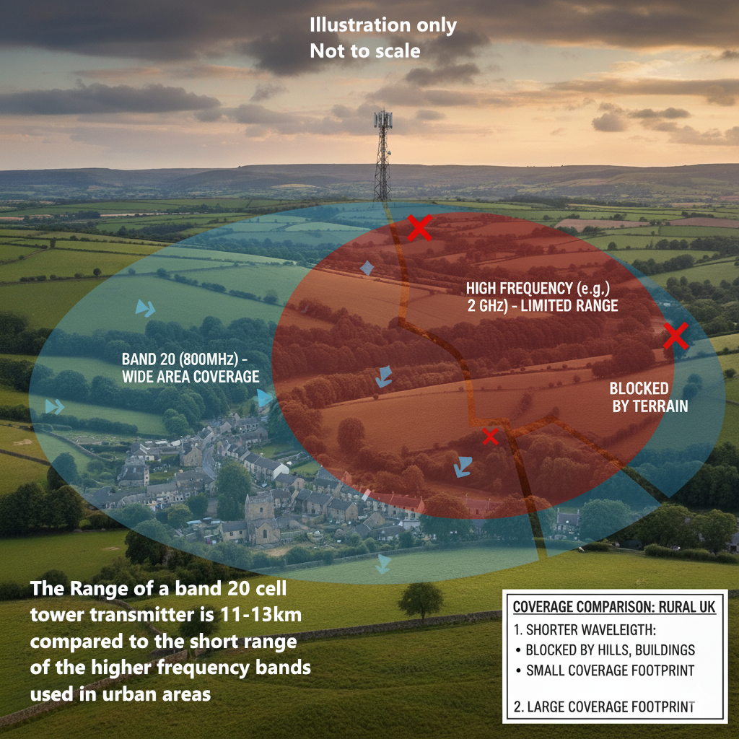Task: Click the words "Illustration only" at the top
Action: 382,25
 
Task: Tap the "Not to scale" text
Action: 364,51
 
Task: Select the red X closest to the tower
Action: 419,227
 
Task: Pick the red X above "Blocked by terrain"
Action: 675,336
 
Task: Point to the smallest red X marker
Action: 490,436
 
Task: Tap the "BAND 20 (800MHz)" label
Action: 185,359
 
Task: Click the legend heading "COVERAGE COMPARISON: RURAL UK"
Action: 614,607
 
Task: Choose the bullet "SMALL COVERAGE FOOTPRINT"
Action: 610,670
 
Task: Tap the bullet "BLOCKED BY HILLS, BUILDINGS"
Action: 610,649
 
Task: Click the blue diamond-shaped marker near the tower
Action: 367,268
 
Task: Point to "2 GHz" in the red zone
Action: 490,305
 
